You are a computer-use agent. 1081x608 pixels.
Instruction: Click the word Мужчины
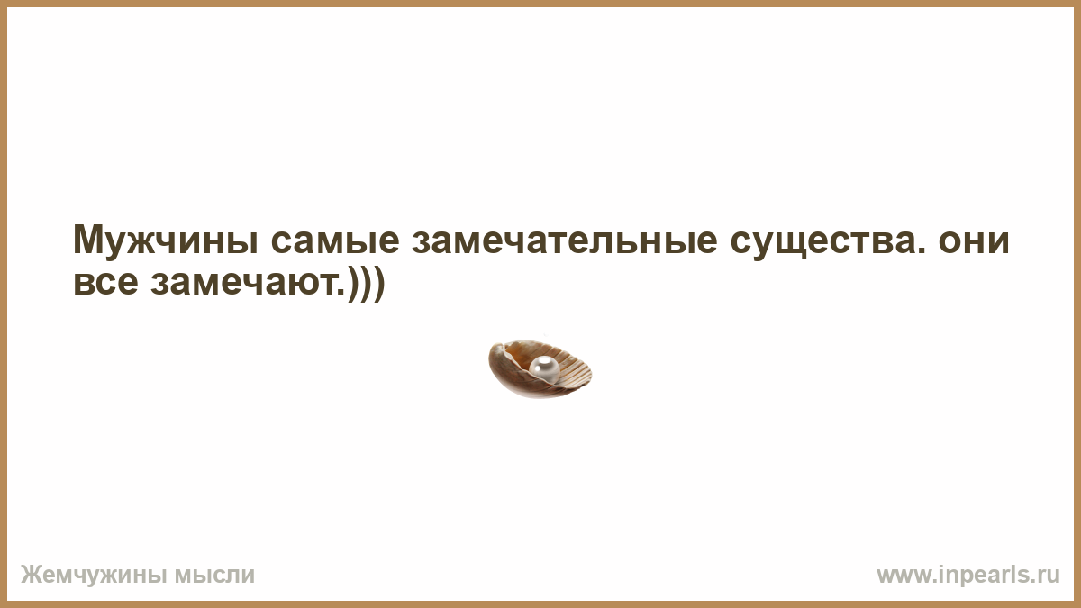point(166,240)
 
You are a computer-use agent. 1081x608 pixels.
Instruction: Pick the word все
point(105,283)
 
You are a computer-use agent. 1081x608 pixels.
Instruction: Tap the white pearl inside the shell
point(544,368)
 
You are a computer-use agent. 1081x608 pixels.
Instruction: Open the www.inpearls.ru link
point(968,576)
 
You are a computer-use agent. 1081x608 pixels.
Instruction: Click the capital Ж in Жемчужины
point(32,576)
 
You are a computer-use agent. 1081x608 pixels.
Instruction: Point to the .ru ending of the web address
point(1046,576)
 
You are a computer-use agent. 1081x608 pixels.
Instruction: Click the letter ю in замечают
point(295,283)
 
